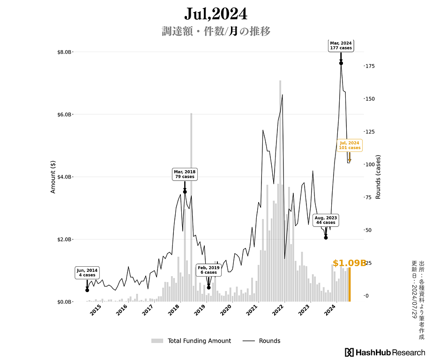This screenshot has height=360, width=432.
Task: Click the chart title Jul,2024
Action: (x=216, y=14)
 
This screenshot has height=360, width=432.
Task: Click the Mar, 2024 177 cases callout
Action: (x=341, y=45)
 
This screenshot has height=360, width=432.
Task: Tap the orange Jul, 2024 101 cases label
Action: (x=349, y=145)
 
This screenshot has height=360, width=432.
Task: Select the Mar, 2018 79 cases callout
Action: (x=185, y=174)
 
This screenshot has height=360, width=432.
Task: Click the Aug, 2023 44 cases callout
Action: (x=326, y=220)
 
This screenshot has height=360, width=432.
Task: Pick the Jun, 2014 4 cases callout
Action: (x=87, y=273)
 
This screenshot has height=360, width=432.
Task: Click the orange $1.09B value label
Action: (x=349, y=263)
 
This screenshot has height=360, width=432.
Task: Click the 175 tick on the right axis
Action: (x=370, y=66)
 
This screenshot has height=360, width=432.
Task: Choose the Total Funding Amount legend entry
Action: (x=191, y=341)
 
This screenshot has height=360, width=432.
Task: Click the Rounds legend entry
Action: (x=262, y=341)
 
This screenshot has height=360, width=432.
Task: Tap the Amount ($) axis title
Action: (x=53, y=177)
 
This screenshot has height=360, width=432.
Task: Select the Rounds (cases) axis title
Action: (x=378, y=177)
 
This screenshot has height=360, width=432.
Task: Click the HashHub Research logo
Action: (x=385, y=352)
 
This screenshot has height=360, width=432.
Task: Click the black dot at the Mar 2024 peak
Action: (x=341, y=63)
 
